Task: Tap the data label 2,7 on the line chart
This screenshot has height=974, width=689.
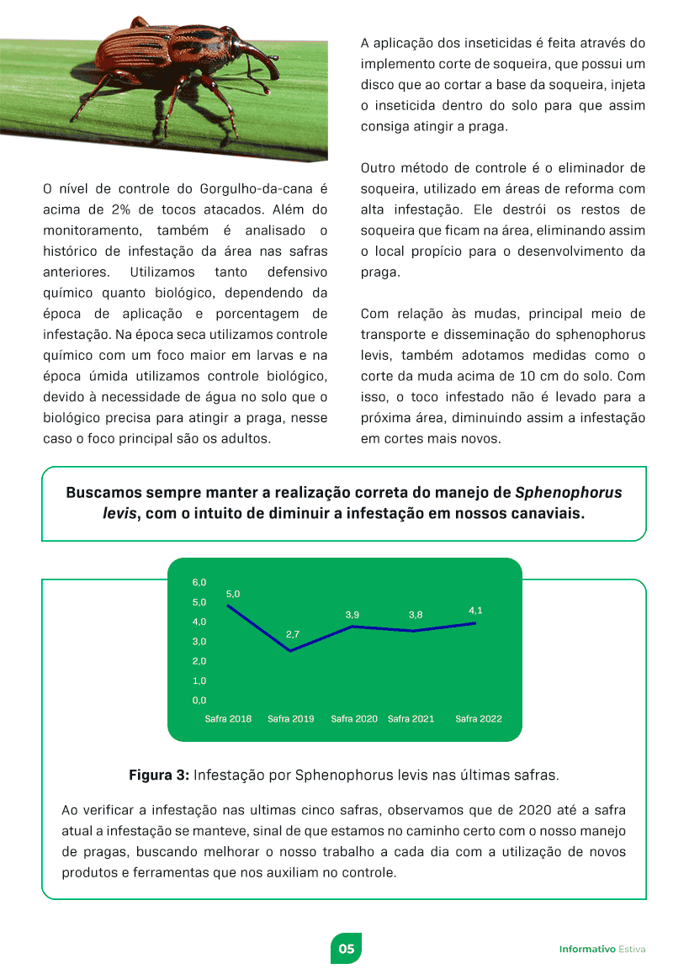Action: tap(293, 633)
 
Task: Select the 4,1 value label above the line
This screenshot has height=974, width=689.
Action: tap(475, 610)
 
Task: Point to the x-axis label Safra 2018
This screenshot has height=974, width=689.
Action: tap(228, 719)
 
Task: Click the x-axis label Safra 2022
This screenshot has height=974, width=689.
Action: tap(478, 719)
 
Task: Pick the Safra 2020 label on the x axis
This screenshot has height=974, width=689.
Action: tap(353, 719)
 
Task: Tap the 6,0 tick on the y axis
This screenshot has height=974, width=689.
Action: tap(199, 582)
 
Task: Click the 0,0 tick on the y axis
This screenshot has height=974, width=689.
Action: tap(199, 700)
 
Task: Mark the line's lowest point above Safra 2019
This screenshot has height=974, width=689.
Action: tap(291, 651)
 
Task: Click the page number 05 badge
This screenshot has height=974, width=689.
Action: tap(345, 948)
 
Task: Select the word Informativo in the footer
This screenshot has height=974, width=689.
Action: tap(587, 949)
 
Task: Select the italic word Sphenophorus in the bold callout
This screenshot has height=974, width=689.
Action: tap(568, 492)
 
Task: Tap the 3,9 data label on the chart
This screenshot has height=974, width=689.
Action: tap(352, 615)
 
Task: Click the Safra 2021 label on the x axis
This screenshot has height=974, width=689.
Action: tap(411, 719)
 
